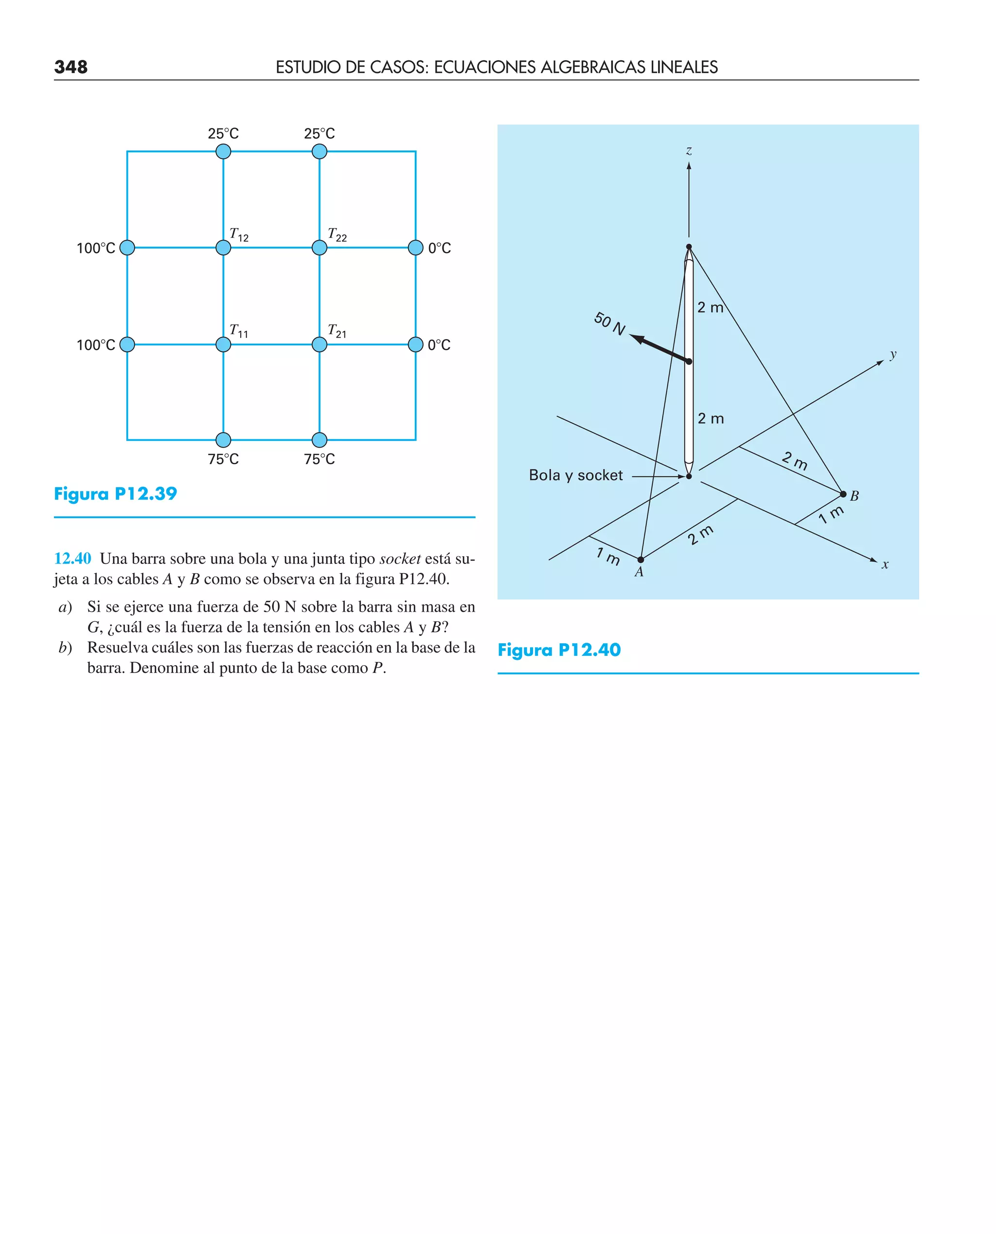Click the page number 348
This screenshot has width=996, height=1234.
coord(71,67)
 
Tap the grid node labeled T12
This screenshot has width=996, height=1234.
coord(223,248)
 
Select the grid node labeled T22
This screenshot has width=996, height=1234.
coord(320,248)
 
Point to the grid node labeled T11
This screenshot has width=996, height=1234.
coord(223,345)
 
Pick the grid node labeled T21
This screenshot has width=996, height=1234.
coord(320,345)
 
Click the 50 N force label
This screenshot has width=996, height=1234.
coord(609,324)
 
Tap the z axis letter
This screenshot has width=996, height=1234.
coord(689,151)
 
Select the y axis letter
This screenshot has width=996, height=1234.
coord(893,354)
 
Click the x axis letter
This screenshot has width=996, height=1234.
coord(885,565)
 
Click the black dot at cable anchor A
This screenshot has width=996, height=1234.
coord(641,560)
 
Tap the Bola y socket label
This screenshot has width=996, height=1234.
coord(575,475)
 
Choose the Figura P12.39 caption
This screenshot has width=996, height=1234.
coord(115,493)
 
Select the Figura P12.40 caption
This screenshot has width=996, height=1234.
coord(559,650)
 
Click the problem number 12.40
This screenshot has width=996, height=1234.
coord(72,559)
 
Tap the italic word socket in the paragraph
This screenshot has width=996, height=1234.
coord(400,559)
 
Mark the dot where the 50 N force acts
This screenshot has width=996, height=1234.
coord(689,362)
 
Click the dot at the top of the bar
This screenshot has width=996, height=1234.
coord(689,247)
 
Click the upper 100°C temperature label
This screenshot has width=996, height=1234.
coord(96,249)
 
